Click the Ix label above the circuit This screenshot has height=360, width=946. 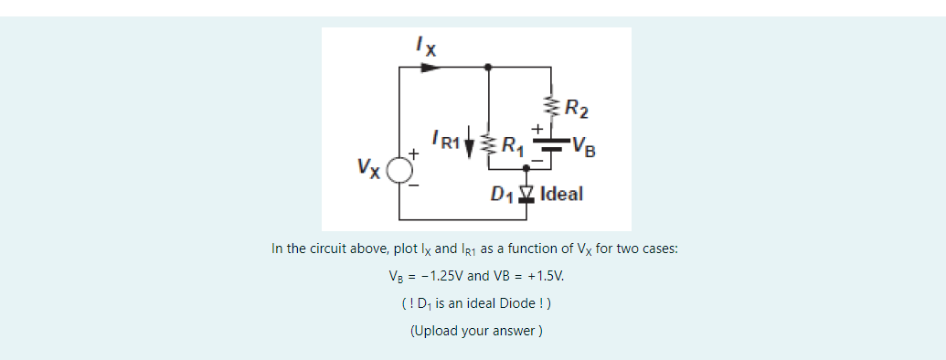(424, 44)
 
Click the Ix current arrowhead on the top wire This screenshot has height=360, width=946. (431, 67)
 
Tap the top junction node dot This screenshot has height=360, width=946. (489, 67)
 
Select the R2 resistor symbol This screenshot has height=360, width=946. (550, 105)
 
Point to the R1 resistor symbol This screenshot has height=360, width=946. (489, 143)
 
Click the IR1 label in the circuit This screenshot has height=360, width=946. (446, 140)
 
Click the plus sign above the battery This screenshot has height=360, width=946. (539, 129)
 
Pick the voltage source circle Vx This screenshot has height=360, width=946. (399, 171)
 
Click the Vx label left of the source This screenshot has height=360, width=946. (370, 169)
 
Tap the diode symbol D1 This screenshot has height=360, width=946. (526, 193)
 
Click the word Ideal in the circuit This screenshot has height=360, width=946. (561, 194)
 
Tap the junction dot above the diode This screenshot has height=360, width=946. (526, 171)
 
